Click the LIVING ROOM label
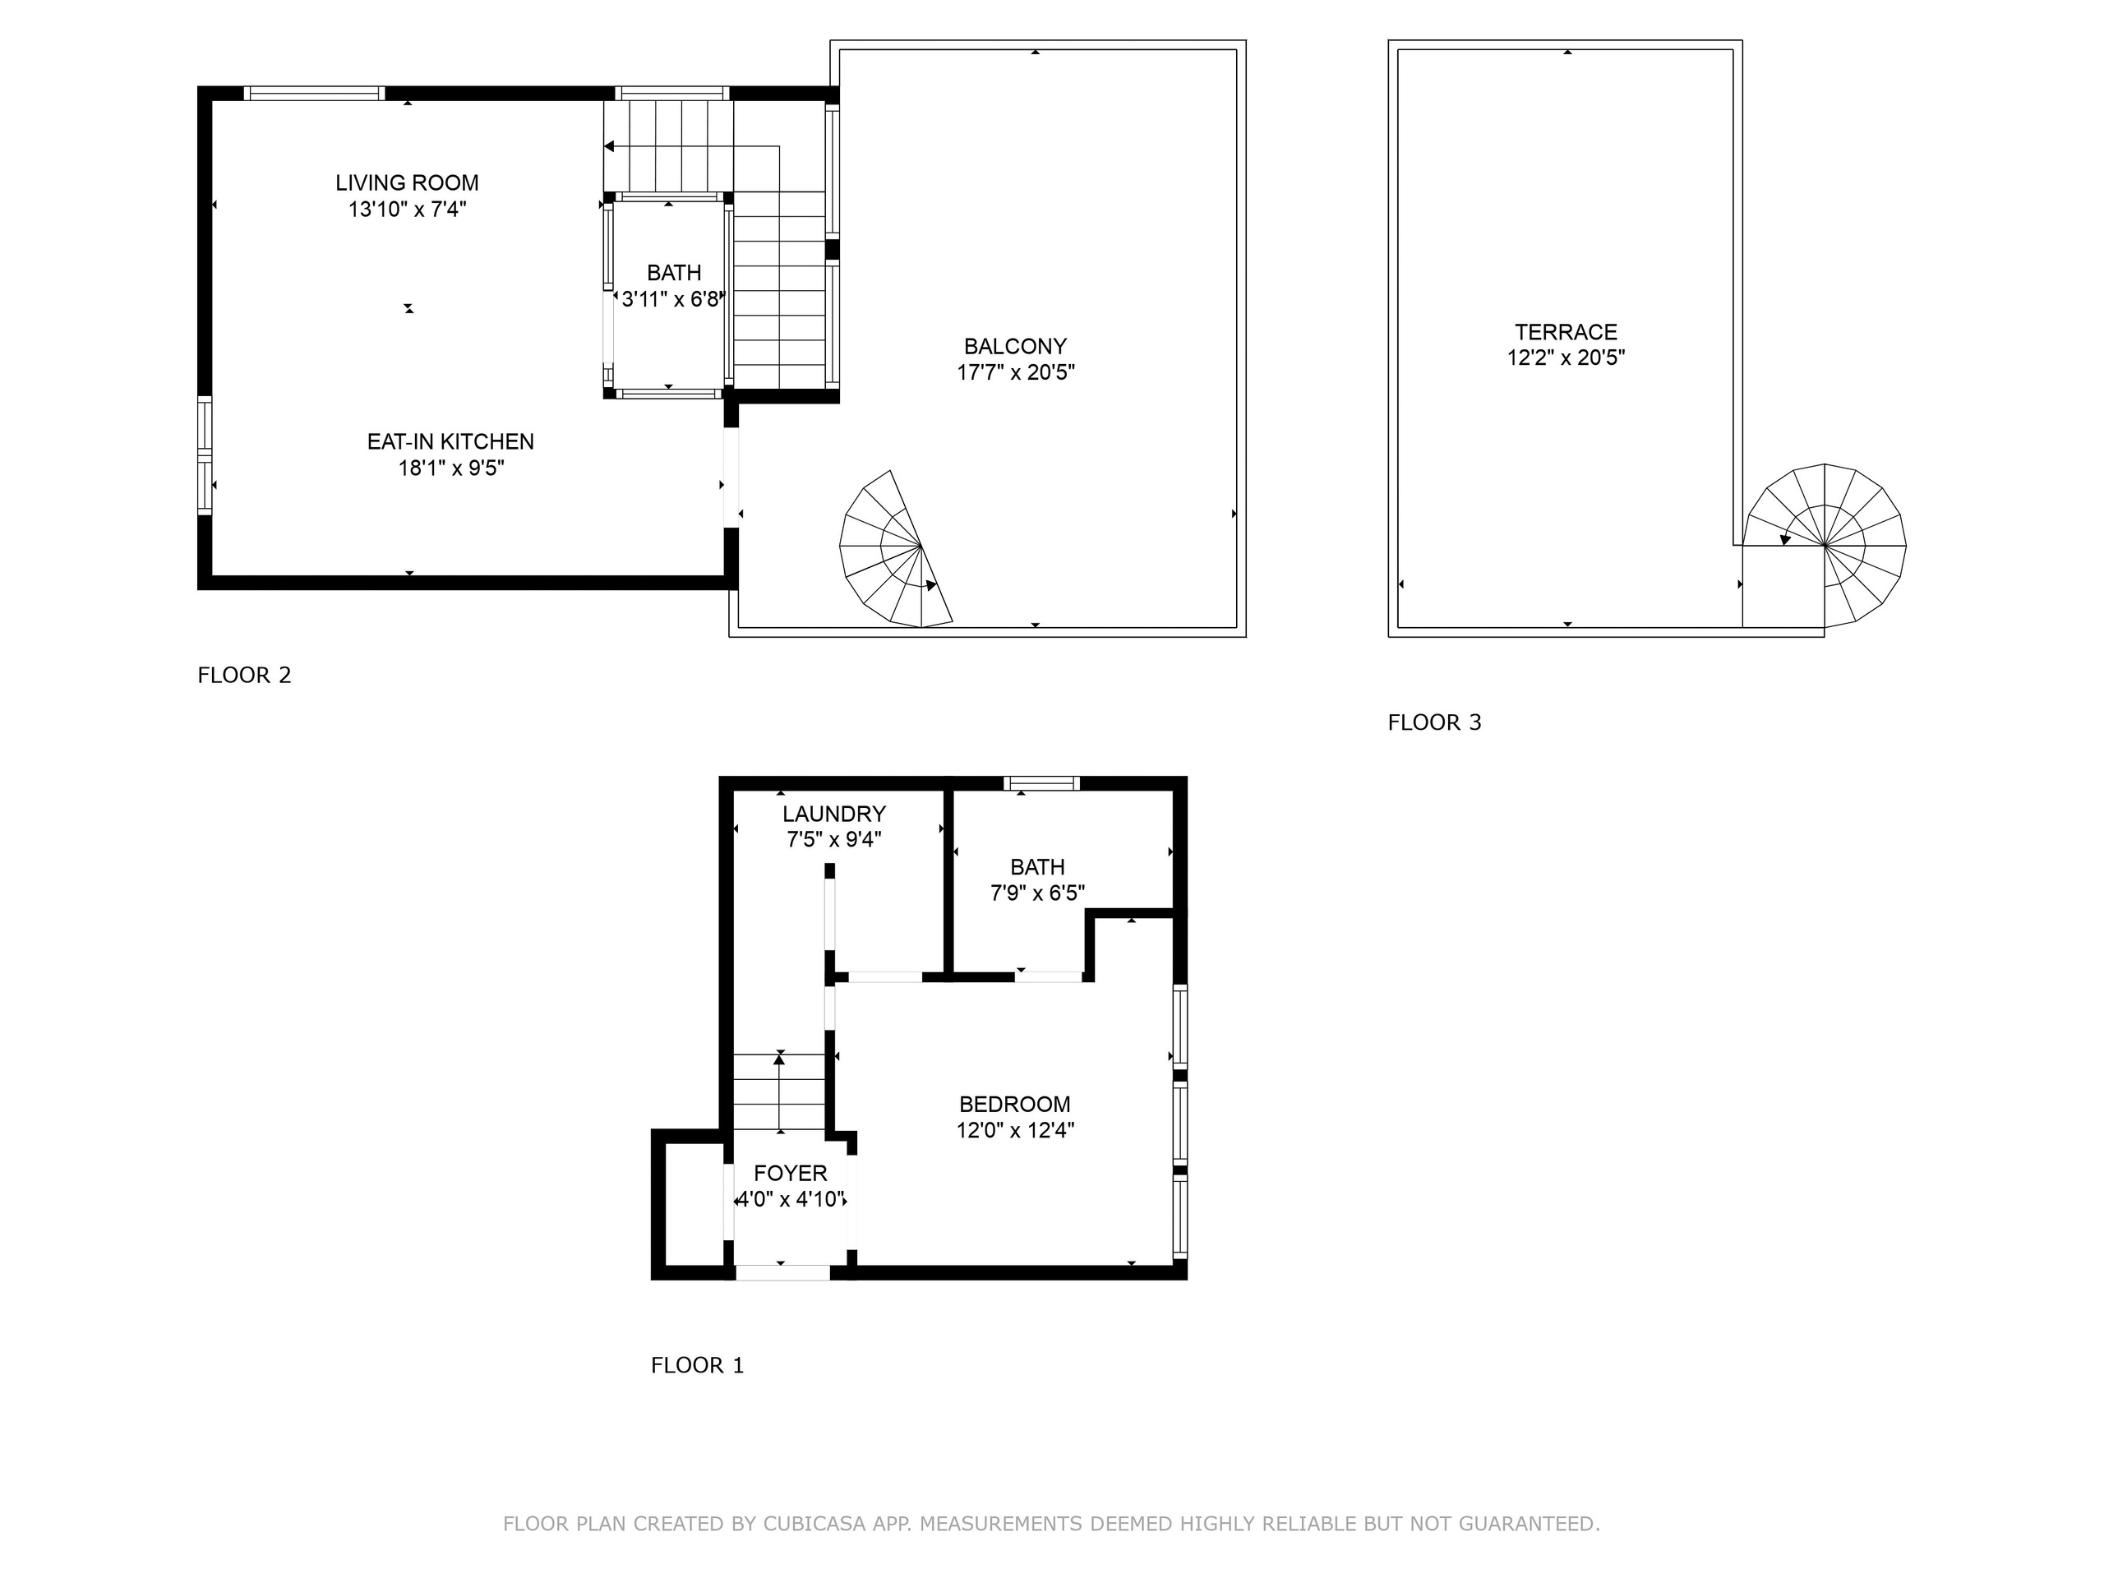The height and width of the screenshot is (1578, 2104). (407, 182)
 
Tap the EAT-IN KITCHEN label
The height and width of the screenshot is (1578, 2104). (451, 441)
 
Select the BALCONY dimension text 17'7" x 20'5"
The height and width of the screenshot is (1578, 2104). (1016, 372)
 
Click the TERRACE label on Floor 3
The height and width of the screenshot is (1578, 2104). (1566, 332)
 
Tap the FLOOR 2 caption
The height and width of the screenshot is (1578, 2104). (244, 676)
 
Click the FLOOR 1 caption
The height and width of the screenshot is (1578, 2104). (697, 1366)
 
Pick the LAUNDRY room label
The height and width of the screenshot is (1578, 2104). (834, 814)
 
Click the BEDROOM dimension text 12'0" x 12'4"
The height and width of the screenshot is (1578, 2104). (1016, 1130)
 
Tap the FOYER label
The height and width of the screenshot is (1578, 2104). (791, 1173)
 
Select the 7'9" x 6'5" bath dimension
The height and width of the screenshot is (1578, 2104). (1038, 893)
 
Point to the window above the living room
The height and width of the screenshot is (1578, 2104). (314, 93)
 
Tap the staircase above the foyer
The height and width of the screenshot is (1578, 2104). (779, 1093)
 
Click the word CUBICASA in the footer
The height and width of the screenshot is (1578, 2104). (814, 1524)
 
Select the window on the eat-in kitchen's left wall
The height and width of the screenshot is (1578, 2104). (205, 455)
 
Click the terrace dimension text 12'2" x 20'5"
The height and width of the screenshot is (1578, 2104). (1566, 358)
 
